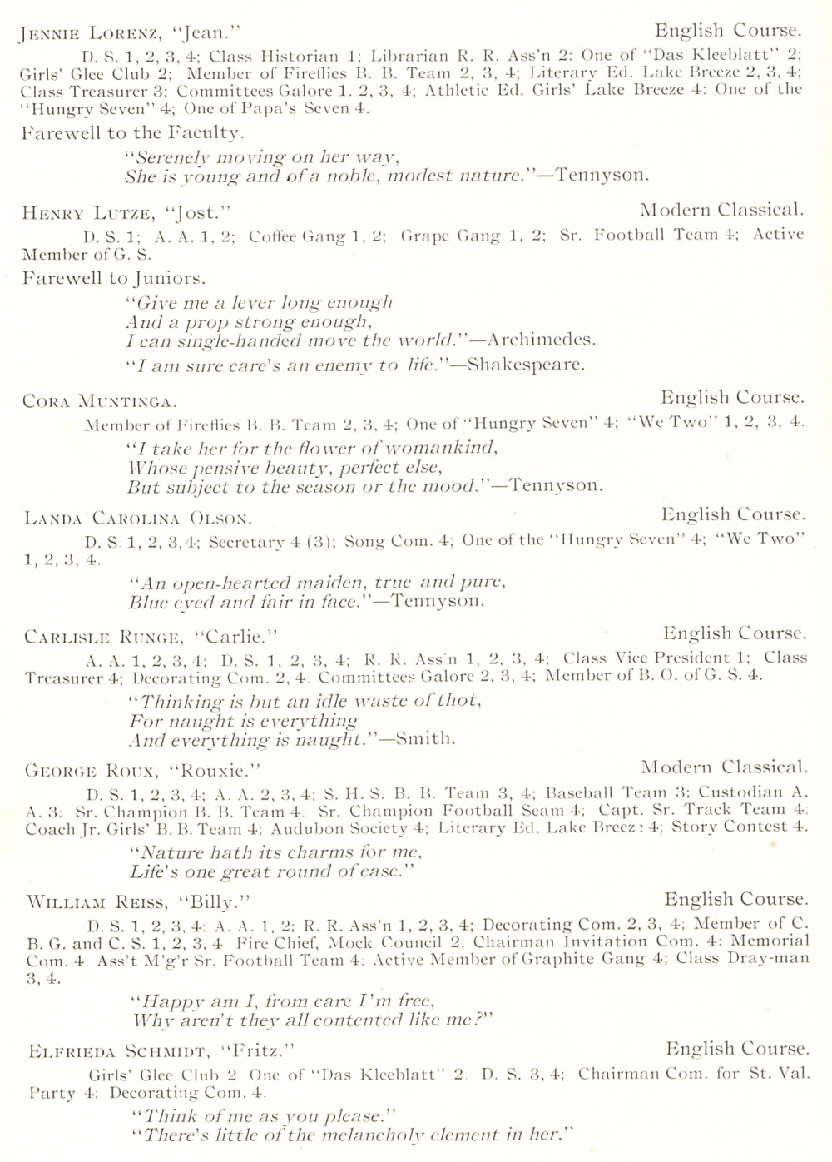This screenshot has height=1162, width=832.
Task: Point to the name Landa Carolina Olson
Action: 137,519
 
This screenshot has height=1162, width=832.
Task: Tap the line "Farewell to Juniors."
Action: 114,278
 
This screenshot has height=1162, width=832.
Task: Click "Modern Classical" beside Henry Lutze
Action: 721,210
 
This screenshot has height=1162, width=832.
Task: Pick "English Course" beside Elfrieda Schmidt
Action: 737,1049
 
